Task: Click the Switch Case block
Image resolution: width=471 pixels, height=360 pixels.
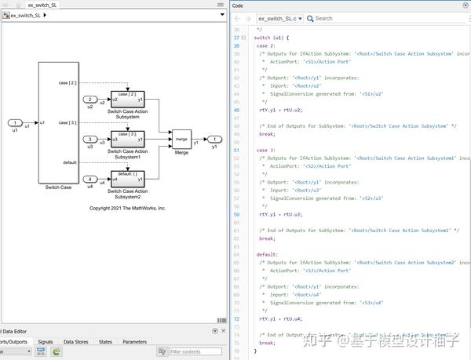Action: point(58,123)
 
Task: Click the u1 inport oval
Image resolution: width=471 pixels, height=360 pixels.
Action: point(16,123)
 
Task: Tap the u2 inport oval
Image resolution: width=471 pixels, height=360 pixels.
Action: point(90,100)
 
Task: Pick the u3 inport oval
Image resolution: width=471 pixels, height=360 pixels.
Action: point(90,139)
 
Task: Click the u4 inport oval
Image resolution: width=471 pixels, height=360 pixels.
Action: point(90,179)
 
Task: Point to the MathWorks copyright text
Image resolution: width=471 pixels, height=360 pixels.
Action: point(127,209)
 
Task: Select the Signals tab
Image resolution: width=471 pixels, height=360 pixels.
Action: point(46,342)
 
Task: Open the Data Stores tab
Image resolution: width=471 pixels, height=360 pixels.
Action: point(76,342)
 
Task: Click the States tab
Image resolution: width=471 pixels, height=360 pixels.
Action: point(105,342)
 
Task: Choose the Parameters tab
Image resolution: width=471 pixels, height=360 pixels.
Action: point(134,342)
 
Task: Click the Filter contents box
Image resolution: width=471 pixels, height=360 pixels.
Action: point(195,352)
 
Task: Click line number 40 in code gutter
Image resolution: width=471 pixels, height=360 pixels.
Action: point(237,110)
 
